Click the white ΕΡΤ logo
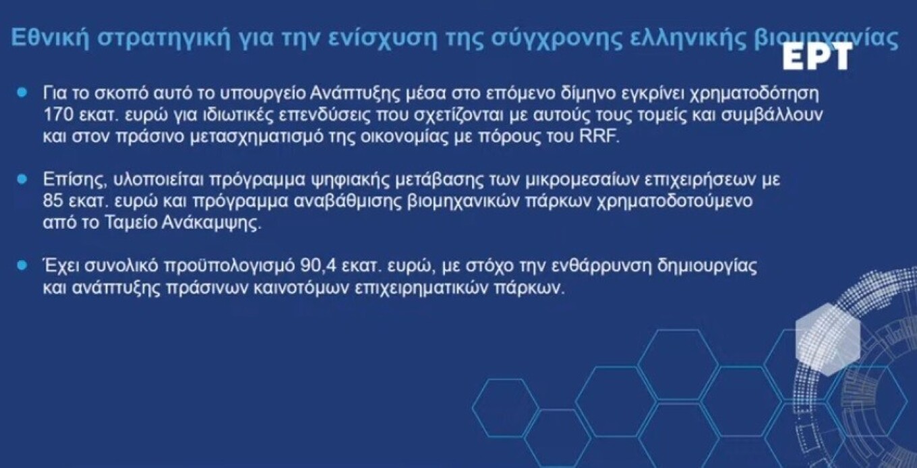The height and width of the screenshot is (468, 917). pos(817,59)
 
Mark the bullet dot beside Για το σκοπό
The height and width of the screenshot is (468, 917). pos(22,90)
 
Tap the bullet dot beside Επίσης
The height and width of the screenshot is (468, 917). pos(22,180)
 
